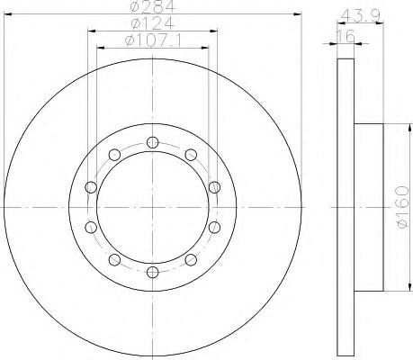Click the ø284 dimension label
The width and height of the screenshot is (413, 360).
coord(153,6)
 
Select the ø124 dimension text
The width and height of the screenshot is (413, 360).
coord(153,23)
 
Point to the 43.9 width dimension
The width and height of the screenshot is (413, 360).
coord(361,15)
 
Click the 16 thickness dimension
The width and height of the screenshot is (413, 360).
coord(346,36)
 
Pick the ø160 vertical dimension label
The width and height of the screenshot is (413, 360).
coord(402,207)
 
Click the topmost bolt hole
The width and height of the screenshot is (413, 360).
coord(153,142)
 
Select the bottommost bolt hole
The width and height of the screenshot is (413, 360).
coord(153,272)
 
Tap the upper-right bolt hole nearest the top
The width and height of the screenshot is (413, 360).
coord(191,155)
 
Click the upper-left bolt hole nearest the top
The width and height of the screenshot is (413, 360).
coord(114,155)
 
